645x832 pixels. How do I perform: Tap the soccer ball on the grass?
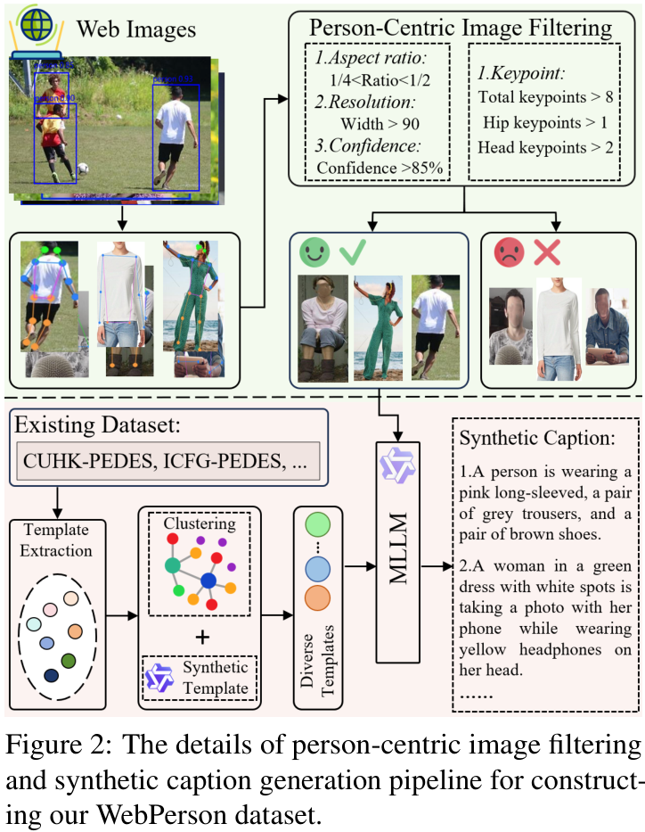tap(83, 167)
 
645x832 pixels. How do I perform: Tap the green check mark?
tap(352, 253)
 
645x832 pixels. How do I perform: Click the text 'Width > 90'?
tap(380, 124)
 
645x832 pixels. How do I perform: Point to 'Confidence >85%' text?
tap(380, 167)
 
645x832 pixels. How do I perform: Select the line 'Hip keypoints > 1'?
tap(540, 121)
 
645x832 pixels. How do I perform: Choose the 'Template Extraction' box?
tap(57, 540)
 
